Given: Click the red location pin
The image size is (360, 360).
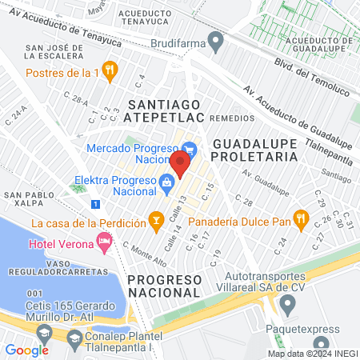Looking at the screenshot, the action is (180, 164).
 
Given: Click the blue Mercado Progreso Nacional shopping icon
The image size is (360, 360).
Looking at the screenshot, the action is (189, 149).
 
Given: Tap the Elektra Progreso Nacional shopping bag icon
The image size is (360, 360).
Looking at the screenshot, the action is (166, 182).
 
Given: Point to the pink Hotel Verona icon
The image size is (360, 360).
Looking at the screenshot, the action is (103, 240).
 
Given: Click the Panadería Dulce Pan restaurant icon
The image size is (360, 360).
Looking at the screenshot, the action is (300, 217).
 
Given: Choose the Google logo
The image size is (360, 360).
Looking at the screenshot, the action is (26, 350).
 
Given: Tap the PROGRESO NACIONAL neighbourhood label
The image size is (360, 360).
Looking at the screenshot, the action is (163, 286).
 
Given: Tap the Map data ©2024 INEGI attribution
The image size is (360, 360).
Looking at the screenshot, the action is (312, 353).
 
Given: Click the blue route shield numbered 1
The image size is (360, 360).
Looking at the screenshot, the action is (97, 204).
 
